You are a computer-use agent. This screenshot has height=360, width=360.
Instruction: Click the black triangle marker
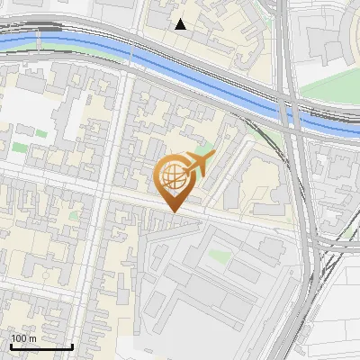coord(181,24)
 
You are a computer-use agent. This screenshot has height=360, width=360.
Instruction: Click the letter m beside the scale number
coord(33,338)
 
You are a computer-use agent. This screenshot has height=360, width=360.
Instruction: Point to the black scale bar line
coord(41,346)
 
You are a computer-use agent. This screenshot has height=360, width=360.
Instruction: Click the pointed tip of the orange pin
coord(173,211)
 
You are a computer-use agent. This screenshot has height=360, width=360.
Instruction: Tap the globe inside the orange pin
coord(173,175)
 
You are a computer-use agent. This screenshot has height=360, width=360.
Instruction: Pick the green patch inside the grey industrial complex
coord(218,256)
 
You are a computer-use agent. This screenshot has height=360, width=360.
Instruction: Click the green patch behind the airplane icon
coord(206,148)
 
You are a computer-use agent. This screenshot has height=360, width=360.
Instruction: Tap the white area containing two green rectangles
coord(27,121)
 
